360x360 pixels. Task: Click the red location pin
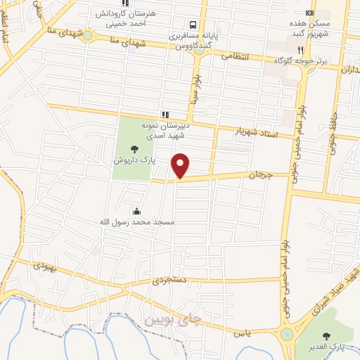(x=181, y=165)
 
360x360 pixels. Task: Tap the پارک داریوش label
(x=134, y=160)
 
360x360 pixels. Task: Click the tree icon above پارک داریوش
(x=134, y=149)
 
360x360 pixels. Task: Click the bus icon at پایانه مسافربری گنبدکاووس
(x=193, y=22)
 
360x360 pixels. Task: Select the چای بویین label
(x=172, y=319)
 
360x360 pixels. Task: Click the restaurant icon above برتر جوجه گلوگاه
(x=301, y=50)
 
